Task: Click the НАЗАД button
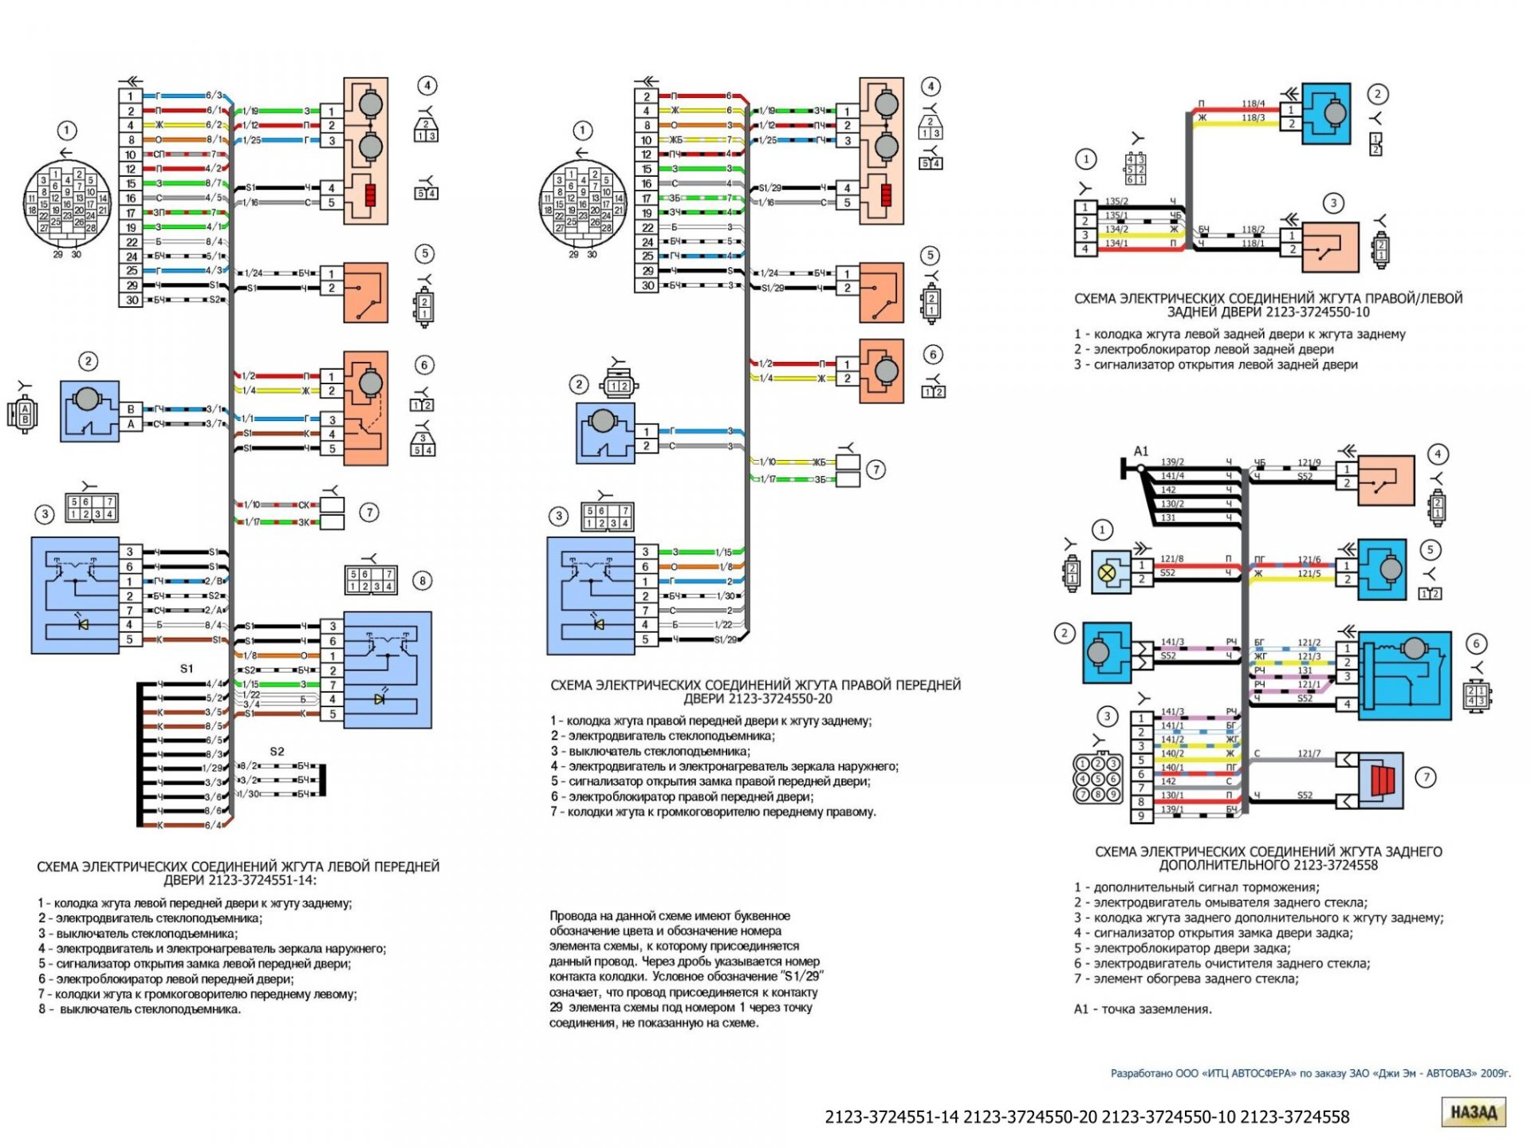point(1473,1112)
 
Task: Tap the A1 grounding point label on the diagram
point(1141,451)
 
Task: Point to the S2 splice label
point(277,751)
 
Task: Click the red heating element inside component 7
point(1382,779)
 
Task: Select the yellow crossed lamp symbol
point(1107,572)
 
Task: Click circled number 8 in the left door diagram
point(423,580)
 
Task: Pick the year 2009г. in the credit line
point(1495,1073)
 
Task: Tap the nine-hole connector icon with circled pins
point(1098,779)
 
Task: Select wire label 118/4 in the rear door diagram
point(1253,104)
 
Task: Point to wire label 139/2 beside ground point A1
point(1172,462)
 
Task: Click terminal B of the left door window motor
point(131,409)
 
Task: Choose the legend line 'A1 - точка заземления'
point(1142,1008)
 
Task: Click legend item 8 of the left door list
point(140,1008)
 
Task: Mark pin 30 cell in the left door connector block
point(132,300)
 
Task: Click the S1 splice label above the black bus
point(187,668)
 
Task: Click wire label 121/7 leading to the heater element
point(1309,753)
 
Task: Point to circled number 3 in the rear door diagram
point(1333,203)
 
